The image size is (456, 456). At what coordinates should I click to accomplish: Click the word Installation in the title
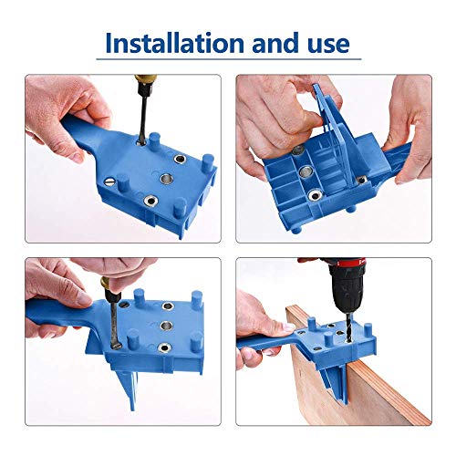[x=172, y=43]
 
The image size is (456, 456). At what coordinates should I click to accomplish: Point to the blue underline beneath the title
[x=227, y=63]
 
